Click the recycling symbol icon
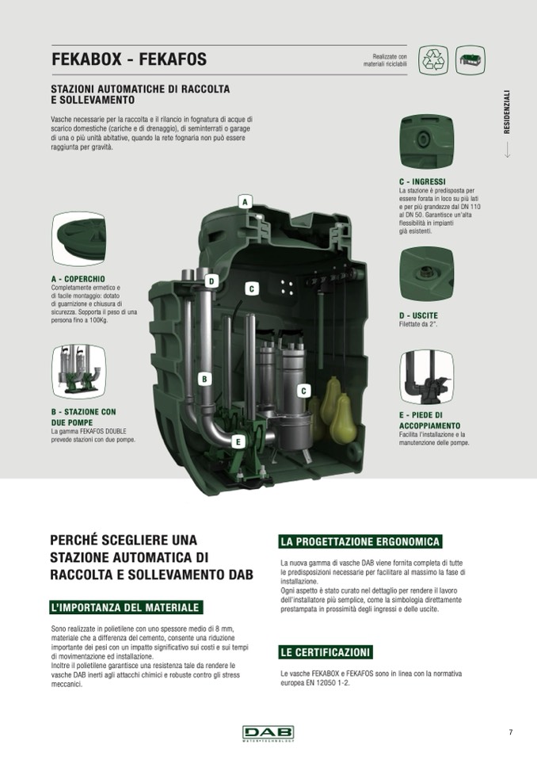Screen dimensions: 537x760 [x=433, y=60]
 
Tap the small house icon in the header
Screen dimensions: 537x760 [x=470, y=60]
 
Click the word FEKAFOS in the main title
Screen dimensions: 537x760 [x=173, y=59]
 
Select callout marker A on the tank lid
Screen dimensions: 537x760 [x=245, y=201]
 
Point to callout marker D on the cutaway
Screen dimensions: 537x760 [x=211, y=281]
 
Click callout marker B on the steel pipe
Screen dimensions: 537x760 [x=204, y=379]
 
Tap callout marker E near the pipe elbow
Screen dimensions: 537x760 [x=238, y=441]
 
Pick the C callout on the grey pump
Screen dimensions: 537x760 [x=303, y=391]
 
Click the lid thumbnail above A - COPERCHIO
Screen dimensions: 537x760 [x=78, y=239]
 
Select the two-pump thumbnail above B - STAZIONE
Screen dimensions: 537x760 [x=78, y=372]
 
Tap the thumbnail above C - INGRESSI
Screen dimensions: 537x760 [x=427, y=141]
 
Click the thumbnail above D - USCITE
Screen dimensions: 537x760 [x=427, y=274]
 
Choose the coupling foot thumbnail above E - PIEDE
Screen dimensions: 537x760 [x=427, y=377]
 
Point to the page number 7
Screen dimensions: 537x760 [x=510, y=732]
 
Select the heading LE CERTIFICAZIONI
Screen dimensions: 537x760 [x=325, y=652]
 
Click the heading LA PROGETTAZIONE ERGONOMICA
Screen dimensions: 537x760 [x=360, y=541]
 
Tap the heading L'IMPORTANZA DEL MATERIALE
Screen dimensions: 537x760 [x=125, y=607]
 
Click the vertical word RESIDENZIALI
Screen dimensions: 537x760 [x=507, y=112]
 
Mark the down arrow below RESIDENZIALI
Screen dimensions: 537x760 [x=507, y=150]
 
